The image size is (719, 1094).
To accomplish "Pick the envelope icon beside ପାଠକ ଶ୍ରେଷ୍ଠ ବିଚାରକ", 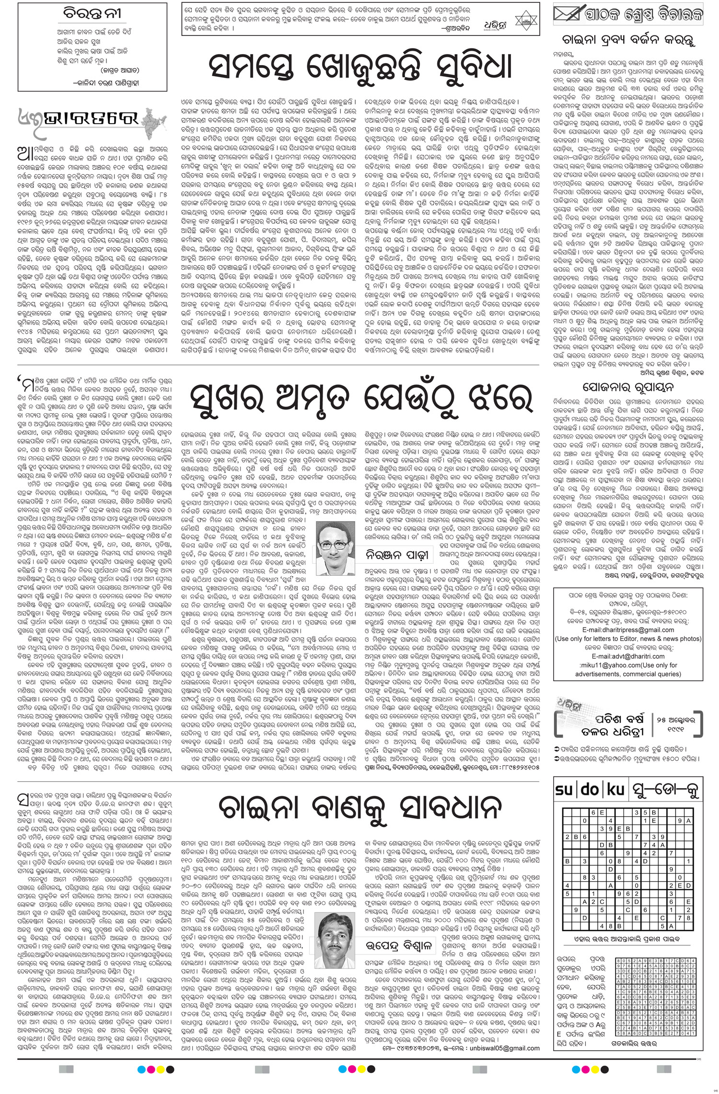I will coord(571,14).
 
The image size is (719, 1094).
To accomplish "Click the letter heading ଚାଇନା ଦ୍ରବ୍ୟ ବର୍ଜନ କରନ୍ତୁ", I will coord(629,40).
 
